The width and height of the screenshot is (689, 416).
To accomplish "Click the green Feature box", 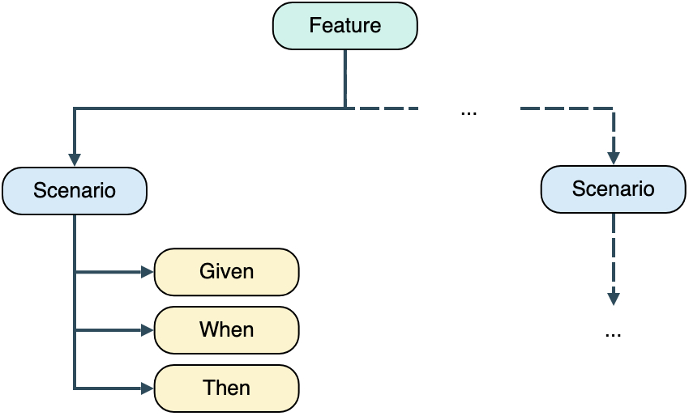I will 344,25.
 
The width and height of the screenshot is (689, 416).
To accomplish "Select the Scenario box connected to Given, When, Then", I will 75,191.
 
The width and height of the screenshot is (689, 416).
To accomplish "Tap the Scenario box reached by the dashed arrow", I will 613,189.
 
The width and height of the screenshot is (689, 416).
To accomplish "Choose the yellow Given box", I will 227,271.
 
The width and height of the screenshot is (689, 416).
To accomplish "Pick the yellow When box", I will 227,330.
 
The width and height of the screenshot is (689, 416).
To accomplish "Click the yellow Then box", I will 227,388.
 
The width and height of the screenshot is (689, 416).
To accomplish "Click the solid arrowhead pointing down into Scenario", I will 75,159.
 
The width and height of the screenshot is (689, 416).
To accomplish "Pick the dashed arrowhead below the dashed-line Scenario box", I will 614,298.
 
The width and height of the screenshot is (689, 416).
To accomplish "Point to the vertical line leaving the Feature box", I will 345,77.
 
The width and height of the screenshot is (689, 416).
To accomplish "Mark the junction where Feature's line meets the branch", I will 345,107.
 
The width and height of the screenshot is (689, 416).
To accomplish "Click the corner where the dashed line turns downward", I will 614,108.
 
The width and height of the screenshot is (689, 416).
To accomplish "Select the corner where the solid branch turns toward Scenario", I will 75,108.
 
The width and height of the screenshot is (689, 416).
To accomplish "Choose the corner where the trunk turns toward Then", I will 75,388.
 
